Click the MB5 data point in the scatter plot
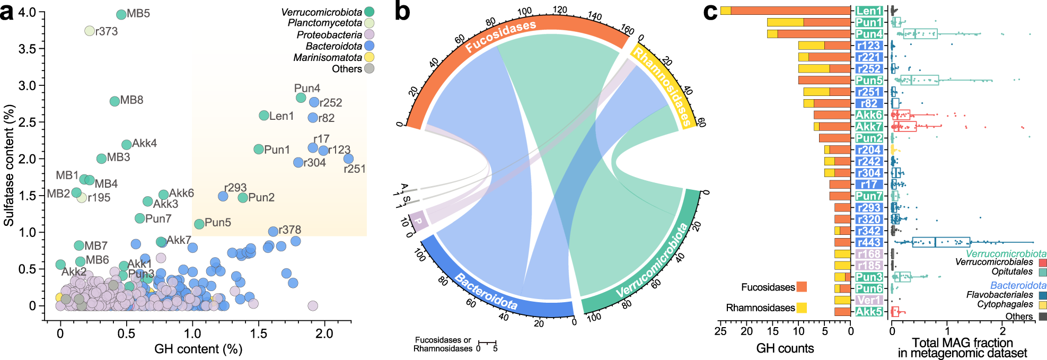(x=121, y=14)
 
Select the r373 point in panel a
(x=90, y=31)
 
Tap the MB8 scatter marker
(x=115, y=101)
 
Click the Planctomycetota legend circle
(x=369, y=23)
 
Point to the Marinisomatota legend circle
(x=369, y=57)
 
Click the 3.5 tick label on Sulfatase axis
(x=27, y=49)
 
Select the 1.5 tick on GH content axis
(x=259, y=333)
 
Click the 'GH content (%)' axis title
(x=198, y=349)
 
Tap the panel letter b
(x=402, y=12)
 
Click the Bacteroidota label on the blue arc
(x=486, y=292)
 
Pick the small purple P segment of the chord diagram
(x=418, y=221)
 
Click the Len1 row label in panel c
(x=868, y=11)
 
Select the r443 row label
(x=868, y=242)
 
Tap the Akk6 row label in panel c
(x=868, y=115)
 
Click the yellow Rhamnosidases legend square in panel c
(x=801, y=308)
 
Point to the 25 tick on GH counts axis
(x=720, y=331)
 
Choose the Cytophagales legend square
(x=1042, y=305)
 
